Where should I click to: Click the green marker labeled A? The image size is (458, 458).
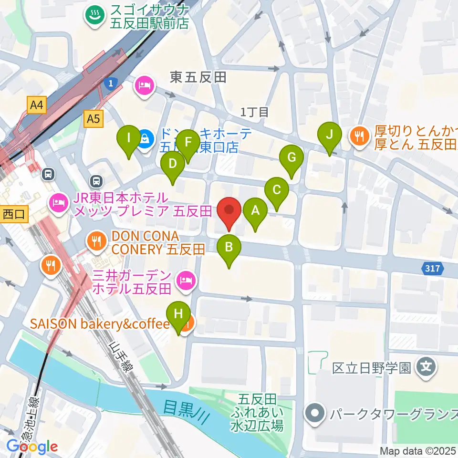[255, 210]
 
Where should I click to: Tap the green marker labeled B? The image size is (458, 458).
[229, 248]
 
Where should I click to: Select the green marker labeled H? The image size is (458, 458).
[178, 314]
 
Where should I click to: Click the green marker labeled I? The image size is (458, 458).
[128, 139]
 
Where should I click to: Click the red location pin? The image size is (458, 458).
[229, 210]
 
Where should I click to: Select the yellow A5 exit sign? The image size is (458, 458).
[94, 119]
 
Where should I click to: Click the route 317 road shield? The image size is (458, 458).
[432, 269]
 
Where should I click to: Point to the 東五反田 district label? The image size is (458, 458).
[198, 77]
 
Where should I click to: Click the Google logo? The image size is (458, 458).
[32, 447]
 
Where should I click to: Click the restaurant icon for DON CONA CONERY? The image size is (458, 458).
[97, 240]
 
